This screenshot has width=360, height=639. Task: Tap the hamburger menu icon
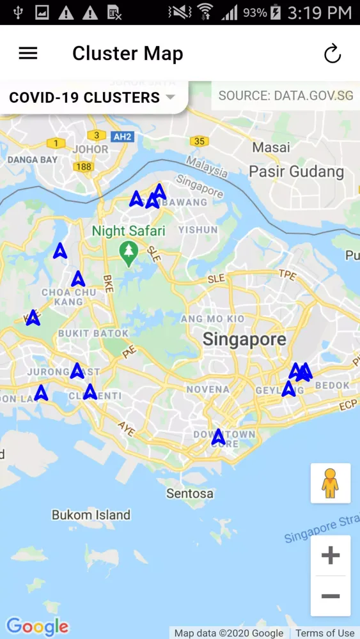[28, 54]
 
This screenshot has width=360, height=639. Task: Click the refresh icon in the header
[333, 54]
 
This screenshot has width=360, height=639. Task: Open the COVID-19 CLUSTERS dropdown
[93, 98]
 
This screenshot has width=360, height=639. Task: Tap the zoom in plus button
[330, 555]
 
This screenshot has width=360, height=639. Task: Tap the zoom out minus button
[330, 596]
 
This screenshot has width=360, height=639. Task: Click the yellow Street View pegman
[330, 483]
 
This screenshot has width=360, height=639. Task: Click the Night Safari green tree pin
[129, 253]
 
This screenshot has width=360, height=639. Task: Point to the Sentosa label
[190, 494]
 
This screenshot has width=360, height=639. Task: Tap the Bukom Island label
[91, 515]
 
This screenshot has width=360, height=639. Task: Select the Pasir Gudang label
[296, 172]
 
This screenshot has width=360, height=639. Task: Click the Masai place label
[270, 148]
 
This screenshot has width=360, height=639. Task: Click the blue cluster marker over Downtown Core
[218, 437]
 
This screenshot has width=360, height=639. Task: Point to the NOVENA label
[208, 389]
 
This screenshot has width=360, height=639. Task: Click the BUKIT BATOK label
[93, 333]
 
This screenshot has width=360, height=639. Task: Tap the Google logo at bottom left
[37, 626]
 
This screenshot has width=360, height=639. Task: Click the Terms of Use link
[324, 633]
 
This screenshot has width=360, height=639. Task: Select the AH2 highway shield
[121, 136]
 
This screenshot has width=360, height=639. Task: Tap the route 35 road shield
[199, 141]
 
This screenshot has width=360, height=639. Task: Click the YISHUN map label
[198, 229]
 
